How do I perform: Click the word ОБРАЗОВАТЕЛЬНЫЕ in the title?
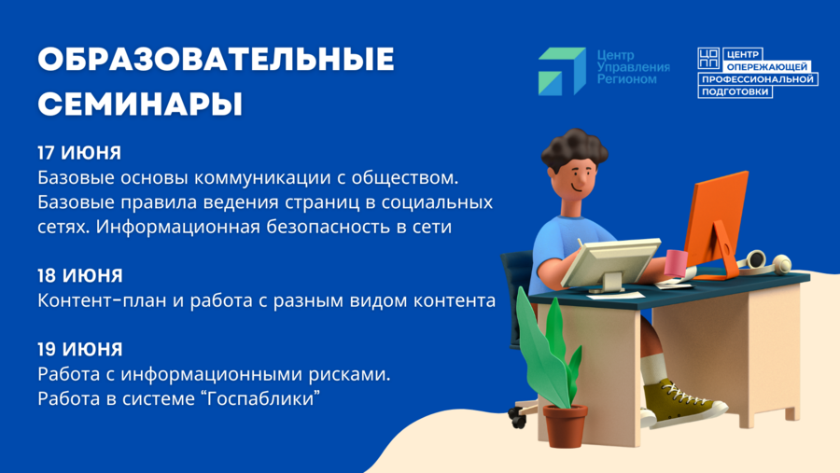pos(216,59)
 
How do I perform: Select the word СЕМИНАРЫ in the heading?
pos(140,104)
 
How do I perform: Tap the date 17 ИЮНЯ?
pos(79,153)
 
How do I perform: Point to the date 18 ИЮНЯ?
pos(80,275)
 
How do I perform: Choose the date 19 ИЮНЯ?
pos(80,349)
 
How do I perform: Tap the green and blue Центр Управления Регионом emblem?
pos(562,71)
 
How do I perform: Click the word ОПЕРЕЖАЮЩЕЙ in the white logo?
pos(767,67)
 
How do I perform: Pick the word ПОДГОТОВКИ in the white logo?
pos(735,92)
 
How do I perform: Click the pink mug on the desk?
pos(676,262)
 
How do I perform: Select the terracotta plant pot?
pos(566,425)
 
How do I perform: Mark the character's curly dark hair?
pos(574,147)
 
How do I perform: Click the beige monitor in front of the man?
pos(609,263)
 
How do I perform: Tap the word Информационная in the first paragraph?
pos(178,227)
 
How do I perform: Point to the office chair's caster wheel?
pos(517,418)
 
